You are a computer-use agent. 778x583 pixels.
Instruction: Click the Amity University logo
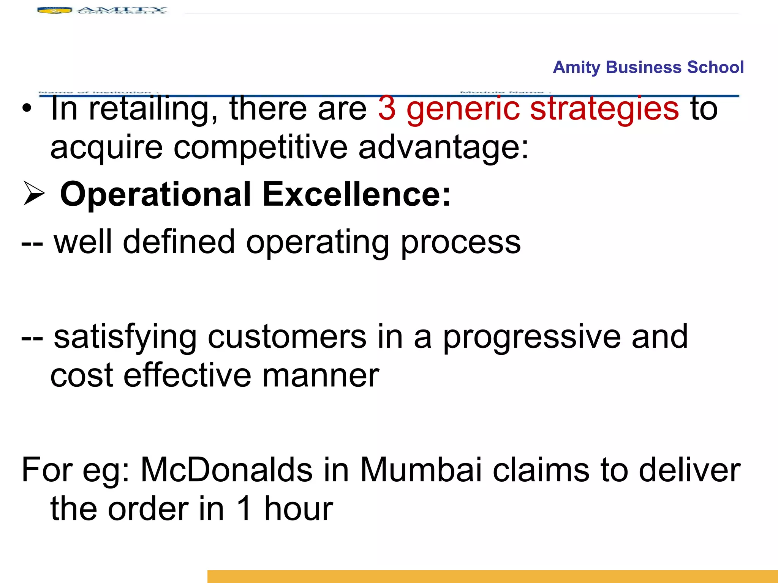102,10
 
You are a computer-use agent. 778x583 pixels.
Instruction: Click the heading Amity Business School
648,67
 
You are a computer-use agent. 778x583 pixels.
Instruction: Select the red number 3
387,109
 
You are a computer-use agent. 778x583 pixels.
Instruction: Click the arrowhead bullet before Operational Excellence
33,193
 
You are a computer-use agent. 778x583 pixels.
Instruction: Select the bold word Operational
155,194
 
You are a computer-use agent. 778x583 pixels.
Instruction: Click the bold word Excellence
356,194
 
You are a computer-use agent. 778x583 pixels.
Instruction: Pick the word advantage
443,148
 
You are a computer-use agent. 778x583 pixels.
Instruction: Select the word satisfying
125,338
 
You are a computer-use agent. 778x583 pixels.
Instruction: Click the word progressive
532,338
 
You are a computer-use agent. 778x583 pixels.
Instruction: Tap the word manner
321,376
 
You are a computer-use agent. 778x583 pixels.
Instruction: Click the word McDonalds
226,470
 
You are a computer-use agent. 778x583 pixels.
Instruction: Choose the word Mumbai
421,470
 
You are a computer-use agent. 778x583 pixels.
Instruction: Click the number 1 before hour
244,509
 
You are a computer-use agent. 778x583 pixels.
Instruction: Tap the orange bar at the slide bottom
492,576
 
